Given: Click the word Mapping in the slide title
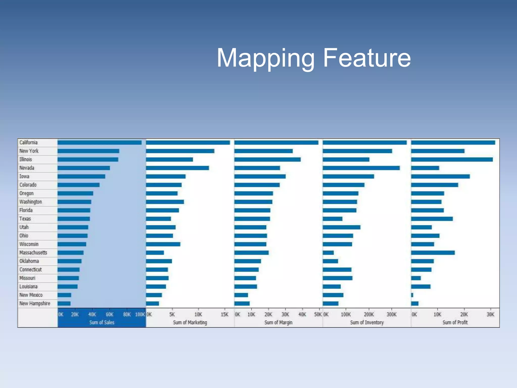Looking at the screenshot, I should [266, 59].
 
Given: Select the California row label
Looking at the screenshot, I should [29, 142].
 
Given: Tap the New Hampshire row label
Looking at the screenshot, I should [35, 303].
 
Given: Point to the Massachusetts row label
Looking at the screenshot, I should [33, 253].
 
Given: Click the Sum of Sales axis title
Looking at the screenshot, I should [102, 322].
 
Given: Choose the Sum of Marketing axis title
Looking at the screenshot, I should [190, 322].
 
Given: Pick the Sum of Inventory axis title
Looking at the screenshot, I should [367, 322].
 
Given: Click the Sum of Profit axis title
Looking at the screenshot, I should [455, 322].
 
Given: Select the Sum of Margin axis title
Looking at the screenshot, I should [278, 322].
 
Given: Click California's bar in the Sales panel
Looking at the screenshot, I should [99, 142].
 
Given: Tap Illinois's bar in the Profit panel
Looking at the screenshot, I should [452, 159].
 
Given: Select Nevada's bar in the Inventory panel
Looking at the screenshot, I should [361, 168].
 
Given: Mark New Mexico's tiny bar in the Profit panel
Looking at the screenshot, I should [412, 295].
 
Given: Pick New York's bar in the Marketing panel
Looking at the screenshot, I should [180, 151].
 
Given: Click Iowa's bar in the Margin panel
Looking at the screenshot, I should [260, 176].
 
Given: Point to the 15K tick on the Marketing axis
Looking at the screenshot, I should [224, 314].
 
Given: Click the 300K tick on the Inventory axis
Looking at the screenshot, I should [392, 314].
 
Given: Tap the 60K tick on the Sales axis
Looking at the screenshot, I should [110, 314].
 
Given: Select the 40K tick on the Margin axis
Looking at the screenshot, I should [302, 314].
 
